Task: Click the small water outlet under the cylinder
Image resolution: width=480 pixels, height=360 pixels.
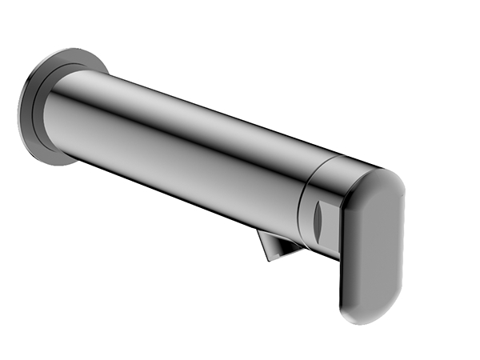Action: point(277,244)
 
